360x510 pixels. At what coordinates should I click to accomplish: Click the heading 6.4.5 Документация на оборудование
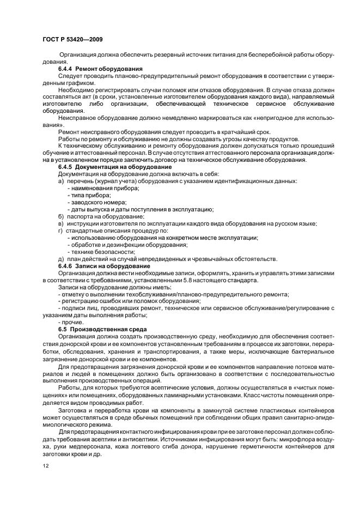(115, 167)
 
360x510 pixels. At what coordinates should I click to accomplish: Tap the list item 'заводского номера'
(93, 202)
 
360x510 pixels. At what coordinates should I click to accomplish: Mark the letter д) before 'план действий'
(61, 259)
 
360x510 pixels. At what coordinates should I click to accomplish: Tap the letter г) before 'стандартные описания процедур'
(61, 230)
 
